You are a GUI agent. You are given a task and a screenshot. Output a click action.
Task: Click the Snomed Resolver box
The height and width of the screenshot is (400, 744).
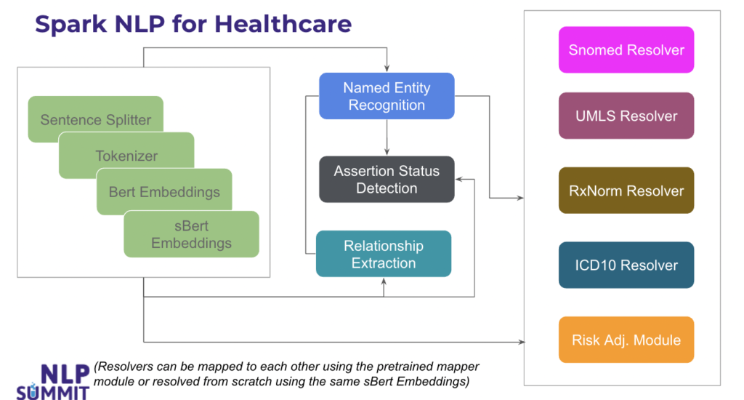(x=626, y=50)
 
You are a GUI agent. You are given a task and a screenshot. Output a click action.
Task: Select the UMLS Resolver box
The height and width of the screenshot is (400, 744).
(x=626, y=116)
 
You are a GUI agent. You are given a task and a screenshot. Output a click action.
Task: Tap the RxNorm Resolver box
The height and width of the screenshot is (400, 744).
(x=626, y=191)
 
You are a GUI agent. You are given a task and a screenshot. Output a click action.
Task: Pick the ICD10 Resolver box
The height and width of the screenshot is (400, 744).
(x=626, y=265)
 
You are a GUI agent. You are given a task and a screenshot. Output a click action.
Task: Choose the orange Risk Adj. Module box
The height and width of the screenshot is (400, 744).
(x=626, y=340)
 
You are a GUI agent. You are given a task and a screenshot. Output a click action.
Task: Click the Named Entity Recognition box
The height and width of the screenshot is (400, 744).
(x=387, y=96)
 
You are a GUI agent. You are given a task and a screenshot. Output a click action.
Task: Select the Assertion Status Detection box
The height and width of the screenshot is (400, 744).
(x=387, y=180)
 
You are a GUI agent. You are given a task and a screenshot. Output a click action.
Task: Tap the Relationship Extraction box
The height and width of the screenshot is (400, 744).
(x=383, y=254)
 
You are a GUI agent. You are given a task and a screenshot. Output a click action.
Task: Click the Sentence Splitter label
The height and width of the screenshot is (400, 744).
(x=95, y=120)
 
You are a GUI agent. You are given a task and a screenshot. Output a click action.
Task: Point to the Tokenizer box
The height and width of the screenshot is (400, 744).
(x=126, y=156)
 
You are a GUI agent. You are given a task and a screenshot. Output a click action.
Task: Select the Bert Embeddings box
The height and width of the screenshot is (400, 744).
(x=164, y=192)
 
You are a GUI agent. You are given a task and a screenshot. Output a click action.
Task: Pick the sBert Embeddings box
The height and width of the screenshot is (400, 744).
(x=191, y=234)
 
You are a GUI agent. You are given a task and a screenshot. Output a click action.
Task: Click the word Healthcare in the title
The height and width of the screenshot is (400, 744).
(x=283, y=24)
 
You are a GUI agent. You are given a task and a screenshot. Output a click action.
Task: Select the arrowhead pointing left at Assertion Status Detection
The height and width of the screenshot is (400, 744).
(x=459, y=180)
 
